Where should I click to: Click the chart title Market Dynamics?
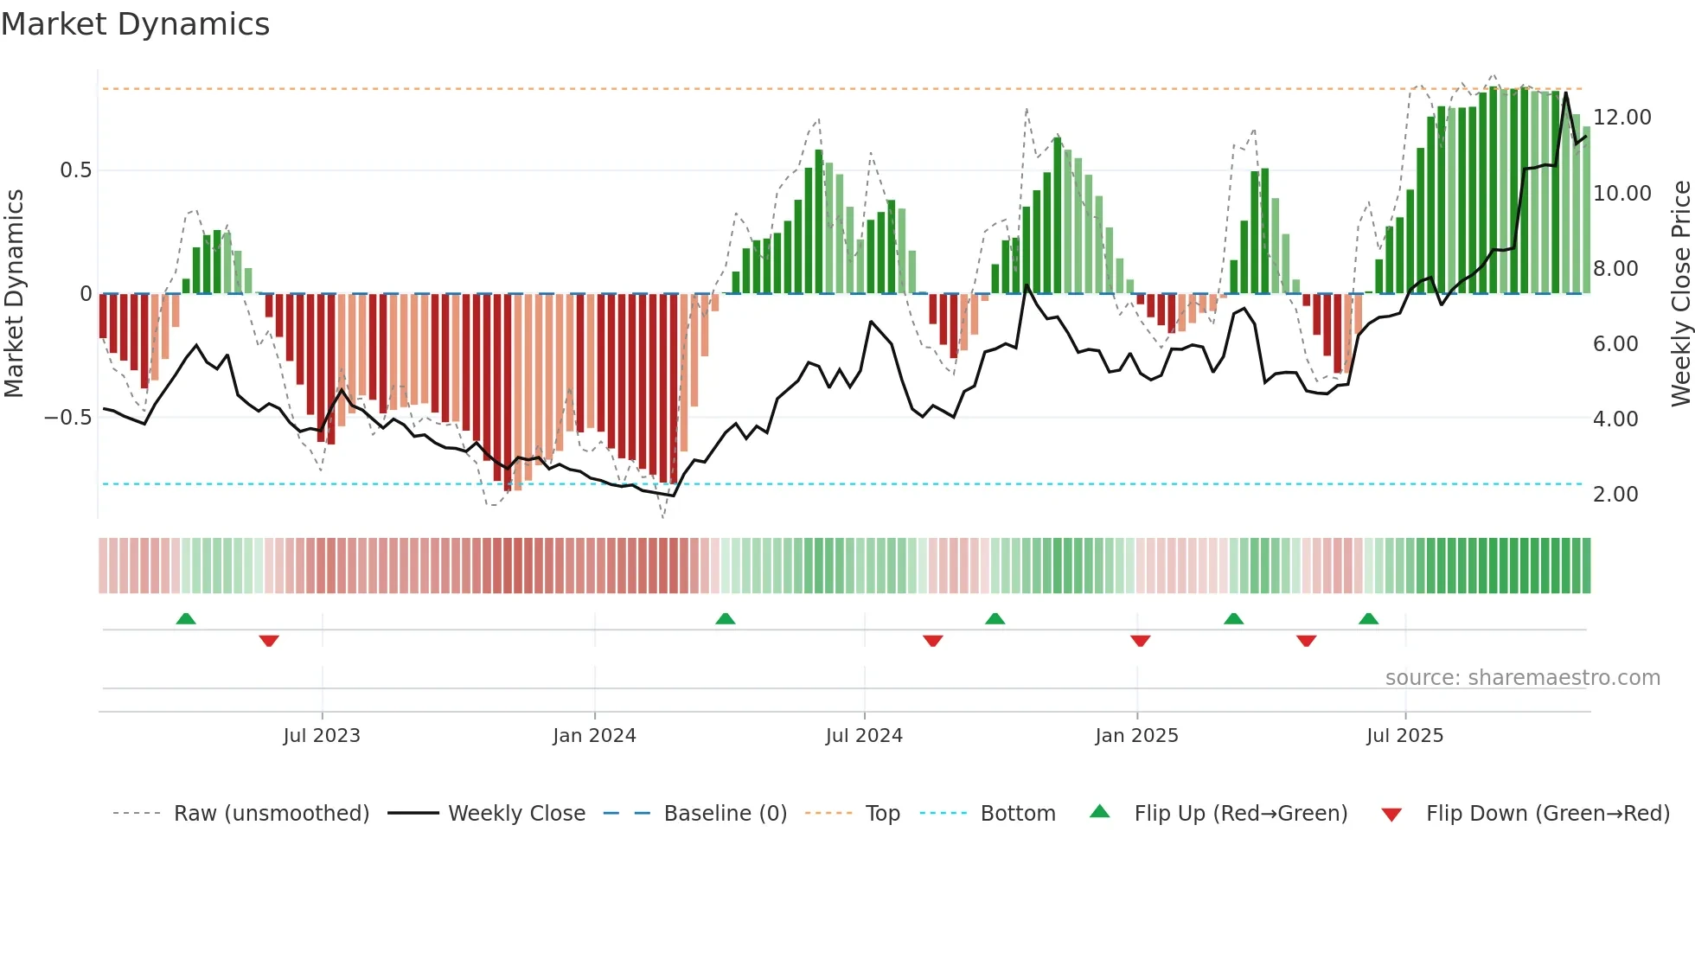(x=135, y=24)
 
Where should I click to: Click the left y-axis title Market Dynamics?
(x=14, y=294)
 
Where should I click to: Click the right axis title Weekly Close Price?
(x=1680, y=294)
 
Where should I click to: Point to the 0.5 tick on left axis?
(x=75, y=170)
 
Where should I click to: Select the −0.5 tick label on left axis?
(x=68, y=418)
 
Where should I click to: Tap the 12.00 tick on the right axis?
(x=1621, y=118)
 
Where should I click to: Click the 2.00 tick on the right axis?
(x=1615, y=495)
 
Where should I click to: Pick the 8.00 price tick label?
(x=1615, y=269)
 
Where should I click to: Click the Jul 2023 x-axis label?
(x=322, y=736)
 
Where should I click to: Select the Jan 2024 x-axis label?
(x=594, y=736)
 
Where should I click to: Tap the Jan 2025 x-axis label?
(x=1136, y=736)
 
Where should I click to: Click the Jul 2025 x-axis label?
(x=1404, y=736)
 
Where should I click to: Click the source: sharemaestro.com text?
(x=1522, y=678)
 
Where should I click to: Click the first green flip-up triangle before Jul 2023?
(x=186, y=618)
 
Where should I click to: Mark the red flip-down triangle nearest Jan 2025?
(x=1140, y=641)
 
